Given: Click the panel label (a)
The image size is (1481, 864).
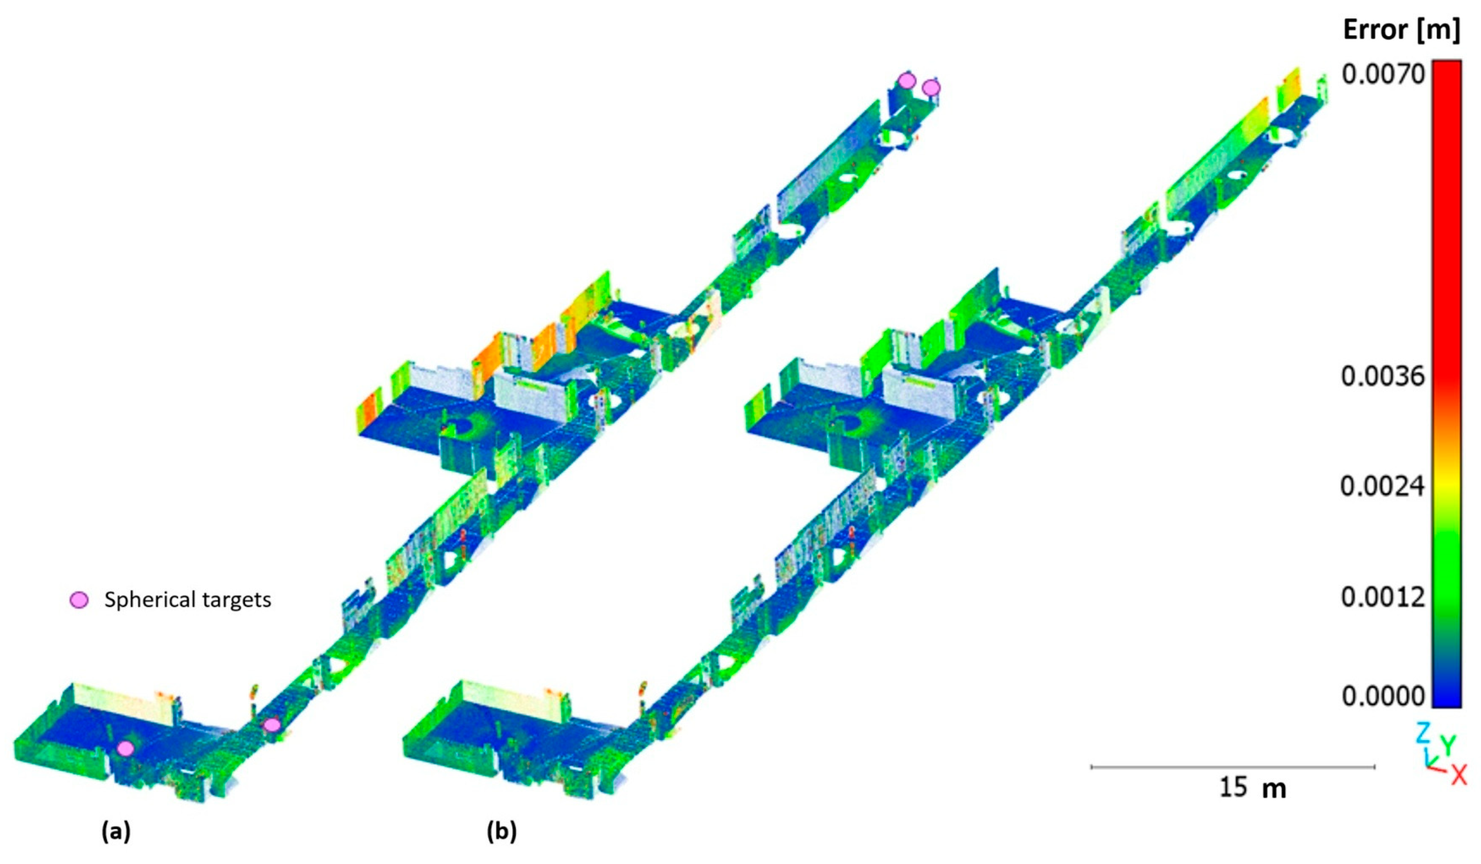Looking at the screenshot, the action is (x=116, y=832).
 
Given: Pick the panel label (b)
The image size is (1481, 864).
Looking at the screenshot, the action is (x=501, y=832).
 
